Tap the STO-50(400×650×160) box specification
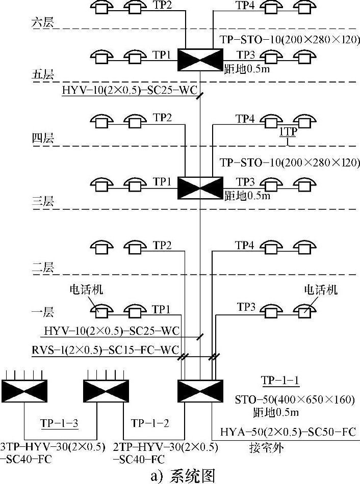pyautogui.click(x=294, y=399)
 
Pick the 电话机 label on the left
pyautogui.click(x=86, y=290)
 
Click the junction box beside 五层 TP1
pyautogui.click(x=200, y=60)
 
